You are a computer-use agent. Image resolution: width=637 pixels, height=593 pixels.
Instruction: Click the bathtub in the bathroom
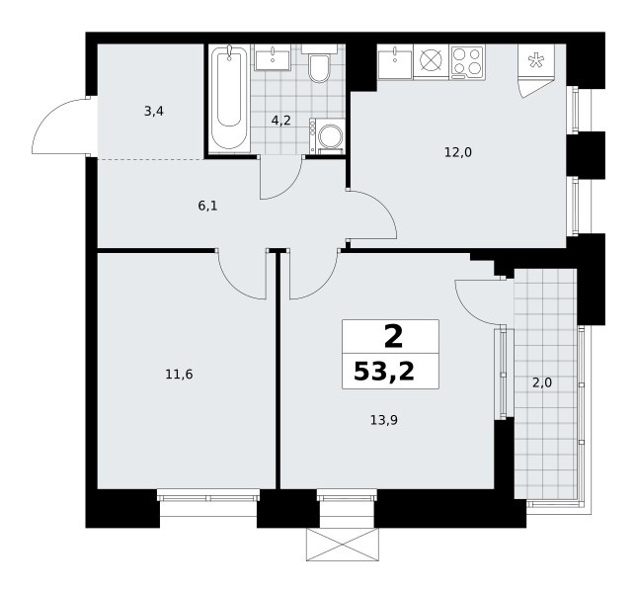point(229,99)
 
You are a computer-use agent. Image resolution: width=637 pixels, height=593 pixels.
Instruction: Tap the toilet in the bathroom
point(319,64)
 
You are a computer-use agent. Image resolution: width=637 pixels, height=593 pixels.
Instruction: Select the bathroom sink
point(273,58)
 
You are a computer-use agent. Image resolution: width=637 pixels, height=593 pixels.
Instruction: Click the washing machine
point(327,136)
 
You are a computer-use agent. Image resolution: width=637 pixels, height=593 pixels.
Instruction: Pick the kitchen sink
point(395,61)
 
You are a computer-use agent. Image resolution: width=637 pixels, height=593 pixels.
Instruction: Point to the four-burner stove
point(467,62)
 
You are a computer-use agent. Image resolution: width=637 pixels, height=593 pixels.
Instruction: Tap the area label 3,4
point(154,111)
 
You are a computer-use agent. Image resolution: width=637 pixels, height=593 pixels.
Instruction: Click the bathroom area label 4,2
point(281,121)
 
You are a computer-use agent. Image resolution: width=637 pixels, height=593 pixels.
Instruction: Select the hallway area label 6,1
point(208,206)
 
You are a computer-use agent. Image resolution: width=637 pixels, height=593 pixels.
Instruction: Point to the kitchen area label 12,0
point(458,153)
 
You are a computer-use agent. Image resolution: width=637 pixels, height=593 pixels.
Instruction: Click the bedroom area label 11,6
point(179,374)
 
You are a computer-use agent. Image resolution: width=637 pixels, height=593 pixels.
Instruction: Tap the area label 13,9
point(384,420)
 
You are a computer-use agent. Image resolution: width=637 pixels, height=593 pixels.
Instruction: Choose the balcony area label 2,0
point(542,382)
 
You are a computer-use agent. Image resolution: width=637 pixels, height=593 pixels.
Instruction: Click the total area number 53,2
point(384,372)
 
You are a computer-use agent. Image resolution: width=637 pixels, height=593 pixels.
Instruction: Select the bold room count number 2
point(393,337)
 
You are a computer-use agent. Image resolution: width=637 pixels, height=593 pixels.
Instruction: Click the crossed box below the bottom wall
point(343,545)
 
